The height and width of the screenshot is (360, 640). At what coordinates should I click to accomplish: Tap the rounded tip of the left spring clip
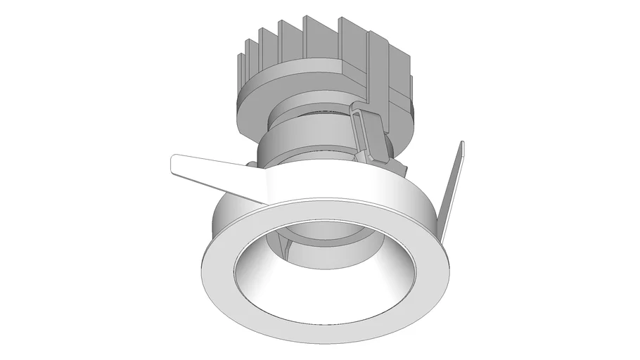tap(176, 163)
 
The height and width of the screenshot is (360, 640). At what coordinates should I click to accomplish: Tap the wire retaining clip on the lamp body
tap(366, 134)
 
